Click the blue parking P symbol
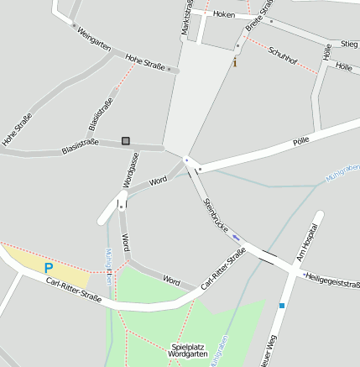49,268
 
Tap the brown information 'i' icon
235,62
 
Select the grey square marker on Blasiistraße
126,141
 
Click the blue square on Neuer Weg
283,306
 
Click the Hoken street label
224,14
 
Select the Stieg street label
349,43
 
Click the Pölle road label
301,143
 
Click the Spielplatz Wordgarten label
188,350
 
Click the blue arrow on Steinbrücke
236,236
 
